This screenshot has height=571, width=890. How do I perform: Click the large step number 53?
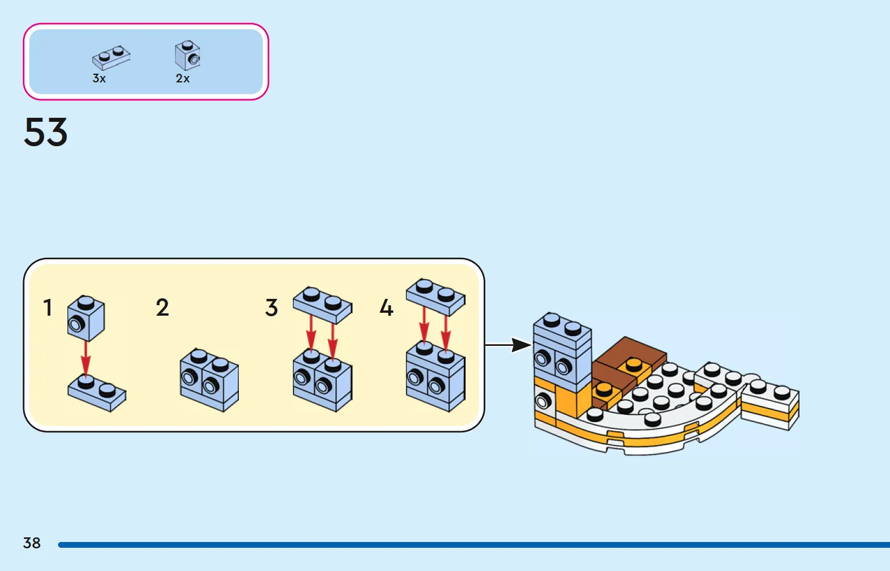pyautogui.click(x=46, y=132)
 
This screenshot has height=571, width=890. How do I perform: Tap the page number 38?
pyautogui.click(x=32, y=543)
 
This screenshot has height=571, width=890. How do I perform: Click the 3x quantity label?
pyautogui.click(x=99, y=78)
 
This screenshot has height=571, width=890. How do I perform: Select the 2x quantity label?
pyautogui.click(x=183, y=78)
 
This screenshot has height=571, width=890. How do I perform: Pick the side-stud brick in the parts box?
pyautogui.click(x=187, y=55)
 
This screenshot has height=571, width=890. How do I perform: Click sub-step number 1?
pyautogui.click(x=48, y=308)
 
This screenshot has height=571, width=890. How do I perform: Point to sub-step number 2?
pyautogui.click(x=162, y=308)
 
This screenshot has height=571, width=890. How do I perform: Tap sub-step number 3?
pyautogui.click(x=271, y=308)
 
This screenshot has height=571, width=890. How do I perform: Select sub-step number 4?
pyautogui.click(x=387, y=308)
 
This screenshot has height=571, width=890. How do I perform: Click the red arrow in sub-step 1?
pyautogui.click(x=85, y=358)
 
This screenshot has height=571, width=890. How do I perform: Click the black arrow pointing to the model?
pyautogui.click(x=508, y=345)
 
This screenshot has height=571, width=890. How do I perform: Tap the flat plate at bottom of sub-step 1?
pyautogui.click(x=97, y=393)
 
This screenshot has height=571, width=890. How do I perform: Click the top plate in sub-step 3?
pyautogui.click(x=322, y=305)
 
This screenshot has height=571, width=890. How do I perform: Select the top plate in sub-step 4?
pyautogui.click(x=435, y=297)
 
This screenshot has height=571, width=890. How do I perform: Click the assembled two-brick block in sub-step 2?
pyautogui.click(x=209, y=380)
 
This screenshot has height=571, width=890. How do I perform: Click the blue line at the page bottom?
pyautogui.click(x=474, y=544)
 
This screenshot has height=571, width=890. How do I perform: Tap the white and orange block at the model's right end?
pyautogui.click(x=770, y=406)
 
